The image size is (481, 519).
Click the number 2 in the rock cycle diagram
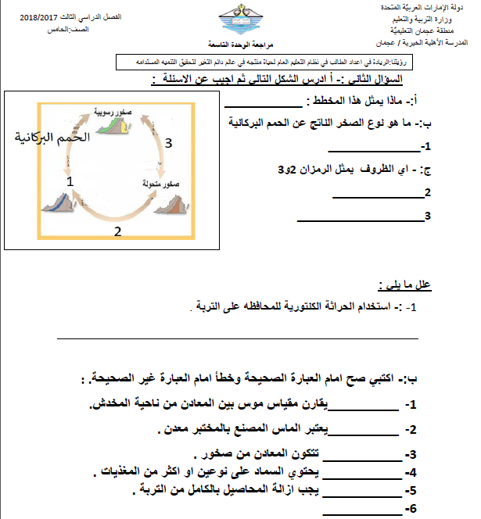click(117, 231)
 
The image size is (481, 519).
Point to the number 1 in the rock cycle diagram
click(71, 181)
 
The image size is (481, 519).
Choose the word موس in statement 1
click(247, 404)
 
